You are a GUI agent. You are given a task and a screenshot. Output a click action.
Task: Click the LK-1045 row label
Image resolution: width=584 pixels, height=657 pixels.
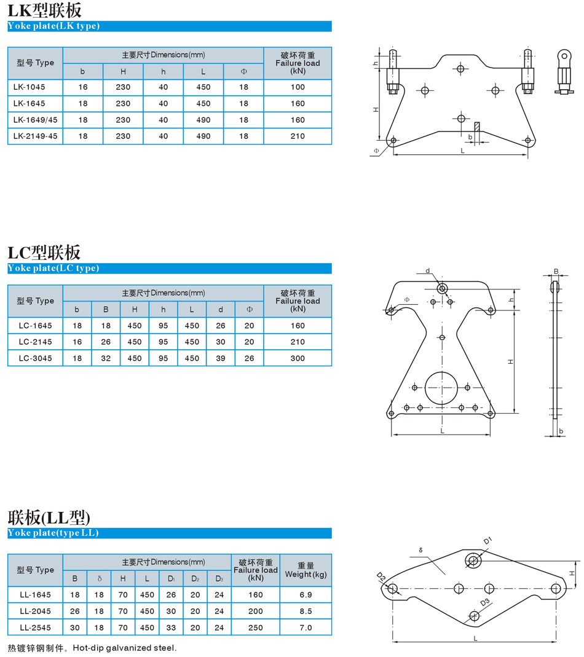coord(29,87)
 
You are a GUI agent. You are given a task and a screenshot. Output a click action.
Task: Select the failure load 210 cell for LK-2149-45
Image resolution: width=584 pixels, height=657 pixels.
coord(298,136)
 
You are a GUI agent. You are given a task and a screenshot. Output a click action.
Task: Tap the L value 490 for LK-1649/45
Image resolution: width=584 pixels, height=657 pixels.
coord(203,120)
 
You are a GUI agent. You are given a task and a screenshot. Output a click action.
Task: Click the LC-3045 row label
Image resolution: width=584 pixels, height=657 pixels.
coord(35,358)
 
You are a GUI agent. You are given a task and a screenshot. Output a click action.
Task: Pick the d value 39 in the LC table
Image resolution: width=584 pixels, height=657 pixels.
coord(221,358)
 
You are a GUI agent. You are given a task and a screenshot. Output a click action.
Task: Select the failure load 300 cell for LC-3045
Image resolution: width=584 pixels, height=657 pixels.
coord(298,358)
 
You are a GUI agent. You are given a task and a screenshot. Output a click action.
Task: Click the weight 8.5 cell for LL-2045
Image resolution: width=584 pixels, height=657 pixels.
coord(306,612)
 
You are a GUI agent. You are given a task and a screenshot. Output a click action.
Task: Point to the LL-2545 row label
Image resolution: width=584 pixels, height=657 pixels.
coord(35,627)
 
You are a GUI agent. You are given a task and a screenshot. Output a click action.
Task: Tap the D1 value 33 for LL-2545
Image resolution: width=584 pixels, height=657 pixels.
coord(171,627)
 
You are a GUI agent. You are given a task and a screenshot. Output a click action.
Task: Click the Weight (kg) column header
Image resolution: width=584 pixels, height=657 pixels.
coord(306,570)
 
